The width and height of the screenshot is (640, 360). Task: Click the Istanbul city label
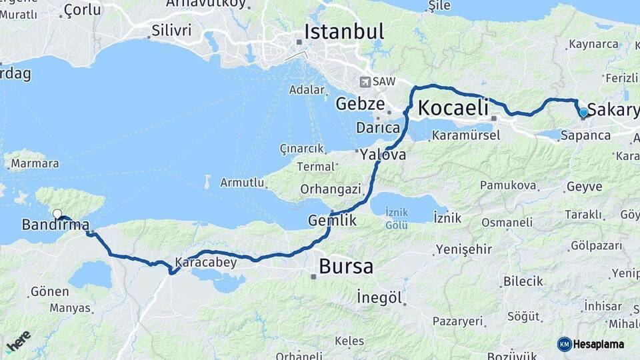[344, 31]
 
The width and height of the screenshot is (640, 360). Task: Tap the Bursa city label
[346, 266]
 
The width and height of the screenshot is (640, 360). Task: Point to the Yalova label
[383, 155]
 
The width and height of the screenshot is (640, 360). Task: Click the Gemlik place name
[333, 220]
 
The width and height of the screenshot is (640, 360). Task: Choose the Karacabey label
[206, 262]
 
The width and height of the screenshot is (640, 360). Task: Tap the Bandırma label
[55, 225]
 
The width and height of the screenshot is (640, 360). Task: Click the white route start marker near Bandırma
[57, 214]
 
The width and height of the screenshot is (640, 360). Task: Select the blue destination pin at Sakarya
[583, 113]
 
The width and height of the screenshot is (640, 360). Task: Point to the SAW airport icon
[365, 82]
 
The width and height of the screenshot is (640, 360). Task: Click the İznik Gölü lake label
[397, 219]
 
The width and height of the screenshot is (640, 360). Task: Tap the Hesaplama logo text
[597, 344]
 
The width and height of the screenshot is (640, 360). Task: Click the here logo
[18, 342]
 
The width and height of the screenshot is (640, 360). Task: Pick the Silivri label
[171, 30]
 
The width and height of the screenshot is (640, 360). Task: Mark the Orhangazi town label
[330, 189]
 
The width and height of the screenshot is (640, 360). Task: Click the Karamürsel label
[466, 135]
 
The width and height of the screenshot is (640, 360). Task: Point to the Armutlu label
[243, 183]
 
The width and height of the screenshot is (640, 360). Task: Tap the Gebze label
[360, 104]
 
